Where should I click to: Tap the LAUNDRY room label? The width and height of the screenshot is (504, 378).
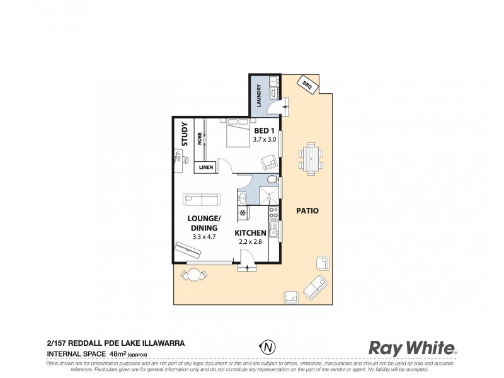(x=258, y=96)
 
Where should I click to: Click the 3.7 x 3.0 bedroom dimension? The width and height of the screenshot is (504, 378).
(x=265, y=139)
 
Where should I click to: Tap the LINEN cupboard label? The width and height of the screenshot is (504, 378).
(x=206, y=168)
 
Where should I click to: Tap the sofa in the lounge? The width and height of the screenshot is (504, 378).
(x=202, y=200)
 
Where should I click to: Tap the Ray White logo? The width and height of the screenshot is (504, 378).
(x=412, y=347)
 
